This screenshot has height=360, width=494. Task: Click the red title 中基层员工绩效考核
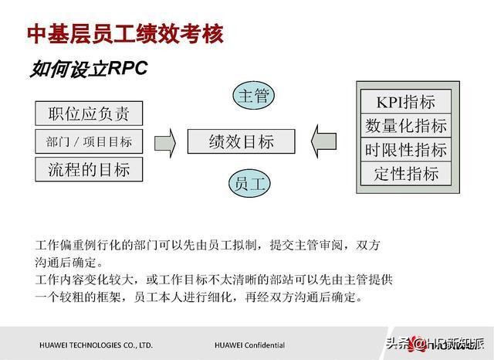(125, 33)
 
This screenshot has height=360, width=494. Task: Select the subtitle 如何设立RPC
(89, 69)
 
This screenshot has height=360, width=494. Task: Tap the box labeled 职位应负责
(89, 114)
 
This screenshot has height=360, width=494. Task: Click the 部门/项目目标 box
(89, 141)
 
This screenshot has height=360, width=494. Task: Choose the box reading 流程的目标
(89, 170)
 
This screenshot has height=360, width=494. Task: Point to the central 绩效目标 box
(242, 141)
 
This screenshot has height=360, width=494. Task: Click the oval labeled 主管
(254, 96)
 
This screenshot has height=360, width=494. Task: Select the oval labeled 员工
(249, 184)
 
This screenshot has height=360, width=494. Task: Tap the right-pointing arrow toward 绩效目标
(165, 143)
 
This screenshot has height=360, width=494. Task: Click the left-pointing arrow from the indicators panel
(323, 141)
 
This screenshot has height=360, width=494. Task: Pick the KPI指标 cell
(406, 101)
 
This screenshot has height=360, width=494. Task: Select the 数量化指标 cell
(406, 125)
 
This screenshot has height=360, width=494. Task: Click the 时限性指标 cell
(406, 149)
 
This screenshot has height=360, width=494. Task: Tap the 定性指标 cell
(406, 173)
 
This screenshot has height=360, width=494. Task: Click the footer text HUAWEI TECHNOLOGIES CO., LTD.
(96, 345)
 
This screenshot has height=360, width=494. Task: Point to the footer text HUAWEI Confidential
(249, 345)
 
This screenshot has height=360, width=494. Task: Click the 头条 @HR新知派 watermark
(435, 344)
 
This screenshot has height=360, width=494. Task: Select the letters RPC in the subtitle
(127, 67)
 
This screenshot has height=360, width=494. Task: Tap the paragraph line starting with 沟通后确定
(69, 263)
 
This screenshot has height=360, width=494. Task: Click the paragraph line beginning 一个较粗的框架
(199, 297)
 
